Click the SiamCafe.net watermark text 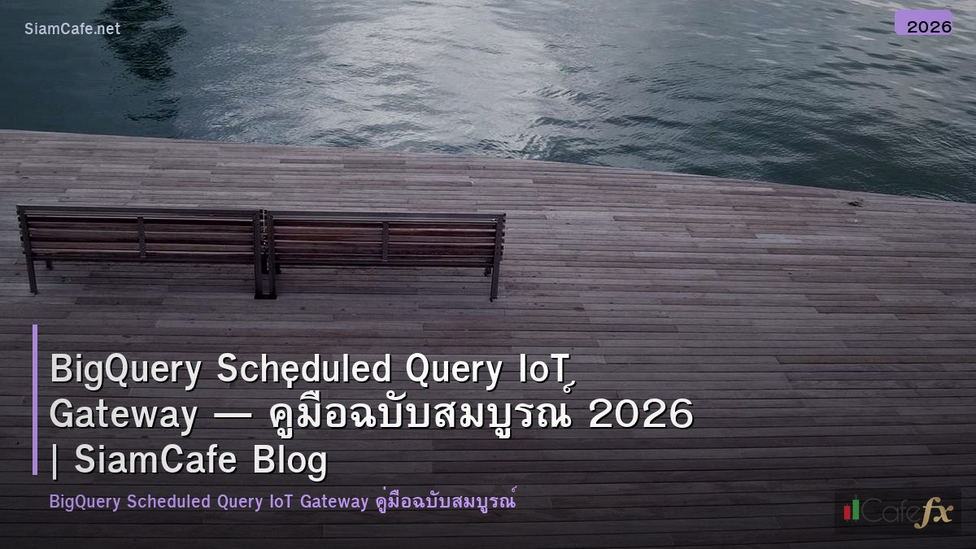point(72,28)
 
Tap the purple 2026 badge point(923,24)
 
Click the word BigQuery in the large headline point(124,370)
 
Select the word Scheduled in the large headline point(304,370)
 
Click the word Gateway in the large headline point(123,416)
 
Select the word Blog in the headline point(290,460)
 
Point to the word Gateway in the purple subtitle point(334,502)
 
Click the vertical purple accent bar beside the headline point(35,399)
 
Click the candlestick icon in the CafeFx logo point(851,510)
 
